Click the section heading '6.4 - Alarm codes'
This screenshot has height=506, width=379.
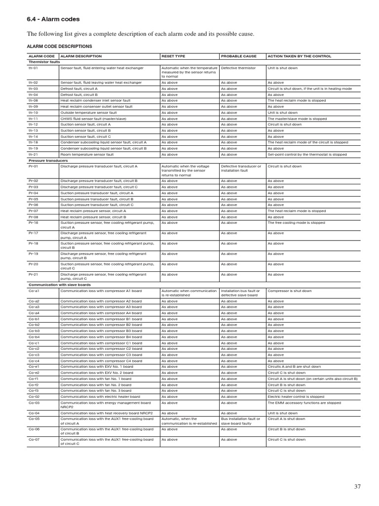pyautogui.click(x=53, y=19)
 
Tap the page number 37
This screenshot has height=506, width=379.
pyautogui.click(x=357, y=487)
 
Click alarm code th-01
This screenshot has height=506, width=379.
pyautogui.click(x=34, y=68)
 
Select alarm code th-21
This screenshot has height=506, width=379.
pyautogui.click(x=34, y=154)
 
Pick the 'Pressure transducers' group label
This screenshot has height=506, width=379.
pyautogui.click(x=48, y=161)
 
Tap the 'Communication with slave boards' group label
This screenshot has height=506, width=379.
pyautogui.click(x=60, y=285)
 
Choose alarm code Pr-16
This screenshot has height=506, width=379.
pyautogui.click(x=34, y=223)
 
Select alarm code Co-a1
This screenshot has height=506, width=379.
pyautogui.click(x=34, y=291)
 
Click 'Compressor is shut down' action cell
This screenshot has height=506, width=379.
pyautogui.click(x=290, y=291)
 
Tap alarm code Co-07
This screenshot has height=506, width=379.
pyautogui.click(x=34, y=439)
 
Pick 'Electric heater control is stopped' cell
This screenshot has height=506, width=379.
pyautogui.click(x=296, y=396)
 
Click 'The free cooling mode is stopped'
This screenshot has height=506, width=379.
pyautogui.click(x=296, y=223)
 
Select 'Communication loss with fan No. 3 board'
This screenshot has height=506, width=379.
pyautogui.click(x=96, y=390)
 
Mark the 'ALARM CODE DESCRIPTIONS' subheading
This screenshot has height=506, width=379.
pyautogui.click(x=59, y=46)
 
